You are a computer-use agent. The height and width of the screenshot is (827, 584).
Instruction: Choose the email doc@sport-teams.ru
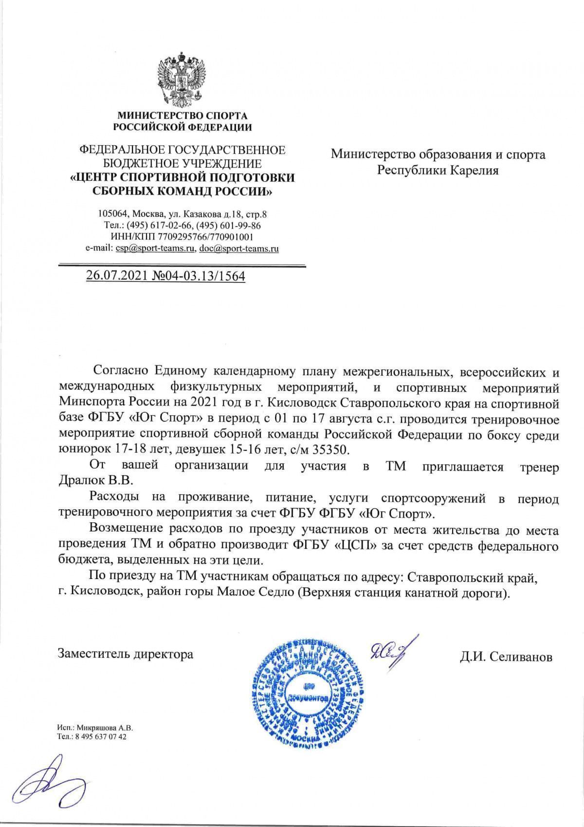(239, 249)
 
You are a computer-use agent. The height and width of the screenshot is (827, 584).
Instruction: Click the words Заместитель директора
(126, 654)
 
